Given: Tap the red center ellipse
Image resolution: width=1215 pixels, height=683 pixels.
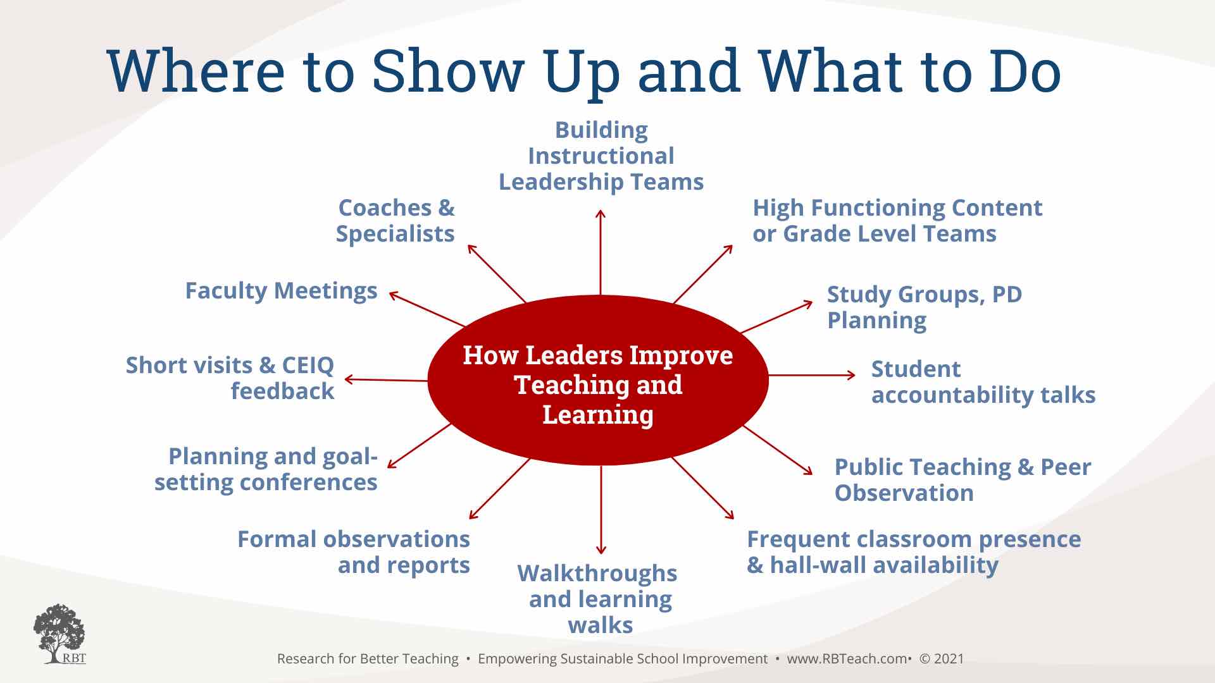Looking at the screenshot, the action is [598, 381].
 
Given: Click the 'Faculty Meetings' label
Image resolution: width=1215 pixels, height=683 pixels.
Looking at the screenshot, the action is [281, 291].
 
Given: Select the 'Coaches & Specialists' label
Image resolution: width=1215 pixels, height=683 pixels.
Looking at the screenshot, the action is [396, 221].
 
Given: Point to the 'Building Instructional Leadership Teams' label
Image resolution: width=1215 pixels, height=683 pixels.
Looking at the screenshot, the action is [601, 156].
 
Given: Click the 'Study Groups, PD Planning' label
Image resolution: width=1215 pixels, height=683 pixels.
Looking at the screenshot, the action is [925, 307].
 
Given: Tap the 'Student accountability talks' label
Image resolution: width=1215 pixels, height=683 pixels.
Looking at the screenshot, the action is [983, 382].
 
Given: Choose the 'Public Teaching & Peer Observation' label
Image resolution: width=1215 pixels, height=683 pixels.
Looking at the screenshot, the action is [963, 480].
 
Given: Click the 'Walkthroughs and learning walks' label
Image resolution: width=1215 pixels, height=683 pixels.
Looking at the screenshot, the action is [598, 599].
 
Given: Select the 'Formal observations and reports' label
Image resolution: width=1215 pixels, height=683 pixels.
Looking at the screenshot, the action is [354, 552].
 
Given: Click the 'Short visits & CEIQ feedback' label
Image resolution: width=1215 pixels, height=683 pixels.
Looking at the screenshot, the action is [230, 378].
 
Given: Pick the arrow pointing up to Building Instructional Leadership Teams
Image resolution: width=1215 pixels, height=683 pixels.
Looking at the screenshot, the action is [601, 252].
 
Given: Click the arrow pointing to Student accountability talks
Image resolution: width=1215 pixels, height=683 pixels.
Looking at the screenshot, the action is [812, 375].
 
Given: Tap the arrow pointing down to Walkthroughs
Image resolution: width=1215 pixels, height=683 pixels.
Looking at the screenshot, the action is [601, 510].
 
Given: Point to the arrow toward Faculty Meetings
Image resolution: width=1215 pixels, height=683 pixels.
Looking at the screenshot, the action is [427, 309].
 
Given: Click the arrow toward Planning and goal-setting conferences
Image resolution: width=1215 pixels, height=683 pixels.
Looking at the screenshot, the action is [420, 445].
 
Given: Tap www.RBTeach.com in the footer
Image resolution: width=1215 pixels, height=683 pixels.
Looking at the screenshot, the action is [847, 658].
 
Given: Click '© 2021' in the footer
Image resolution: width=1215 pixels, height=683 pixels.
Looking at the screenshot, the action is [942, 658].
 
